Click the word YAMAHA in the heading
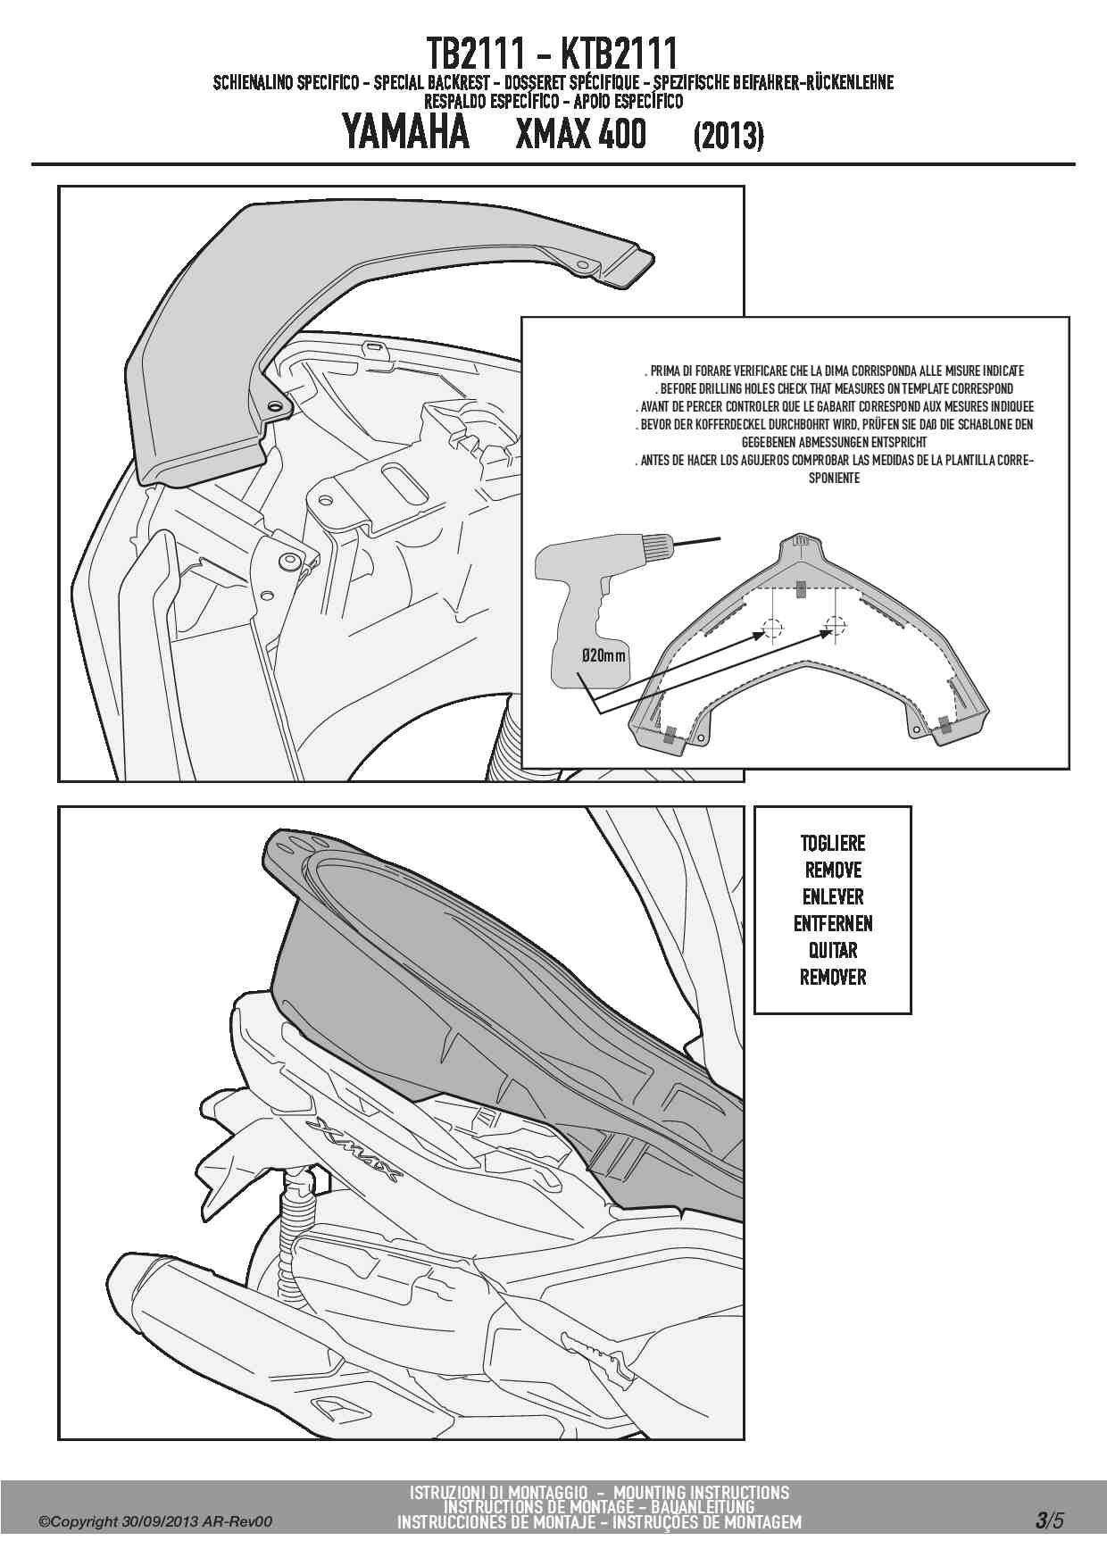(x=405, y=133)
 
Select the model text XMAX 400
(x=581, y=134)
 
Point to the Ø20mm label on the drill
(x=603, y=656)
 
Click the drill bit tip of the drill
(x=720, y=538)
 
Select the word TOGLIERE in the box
(x=832, y=844)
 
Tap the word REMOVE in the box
(x=833, y=870)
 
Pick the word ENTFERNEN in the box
(x=833, y=924)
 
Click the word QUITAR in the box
(x=833, y=951)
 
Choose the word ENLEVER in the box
(x=833, y=897)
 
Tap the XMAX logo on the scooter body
(x=354, y=1151)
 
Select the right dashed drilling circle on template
(x=834, y=626)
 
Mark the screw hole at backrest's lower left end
(x=276, y=406)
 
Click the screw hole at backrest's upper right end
(x=583, y=265)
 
